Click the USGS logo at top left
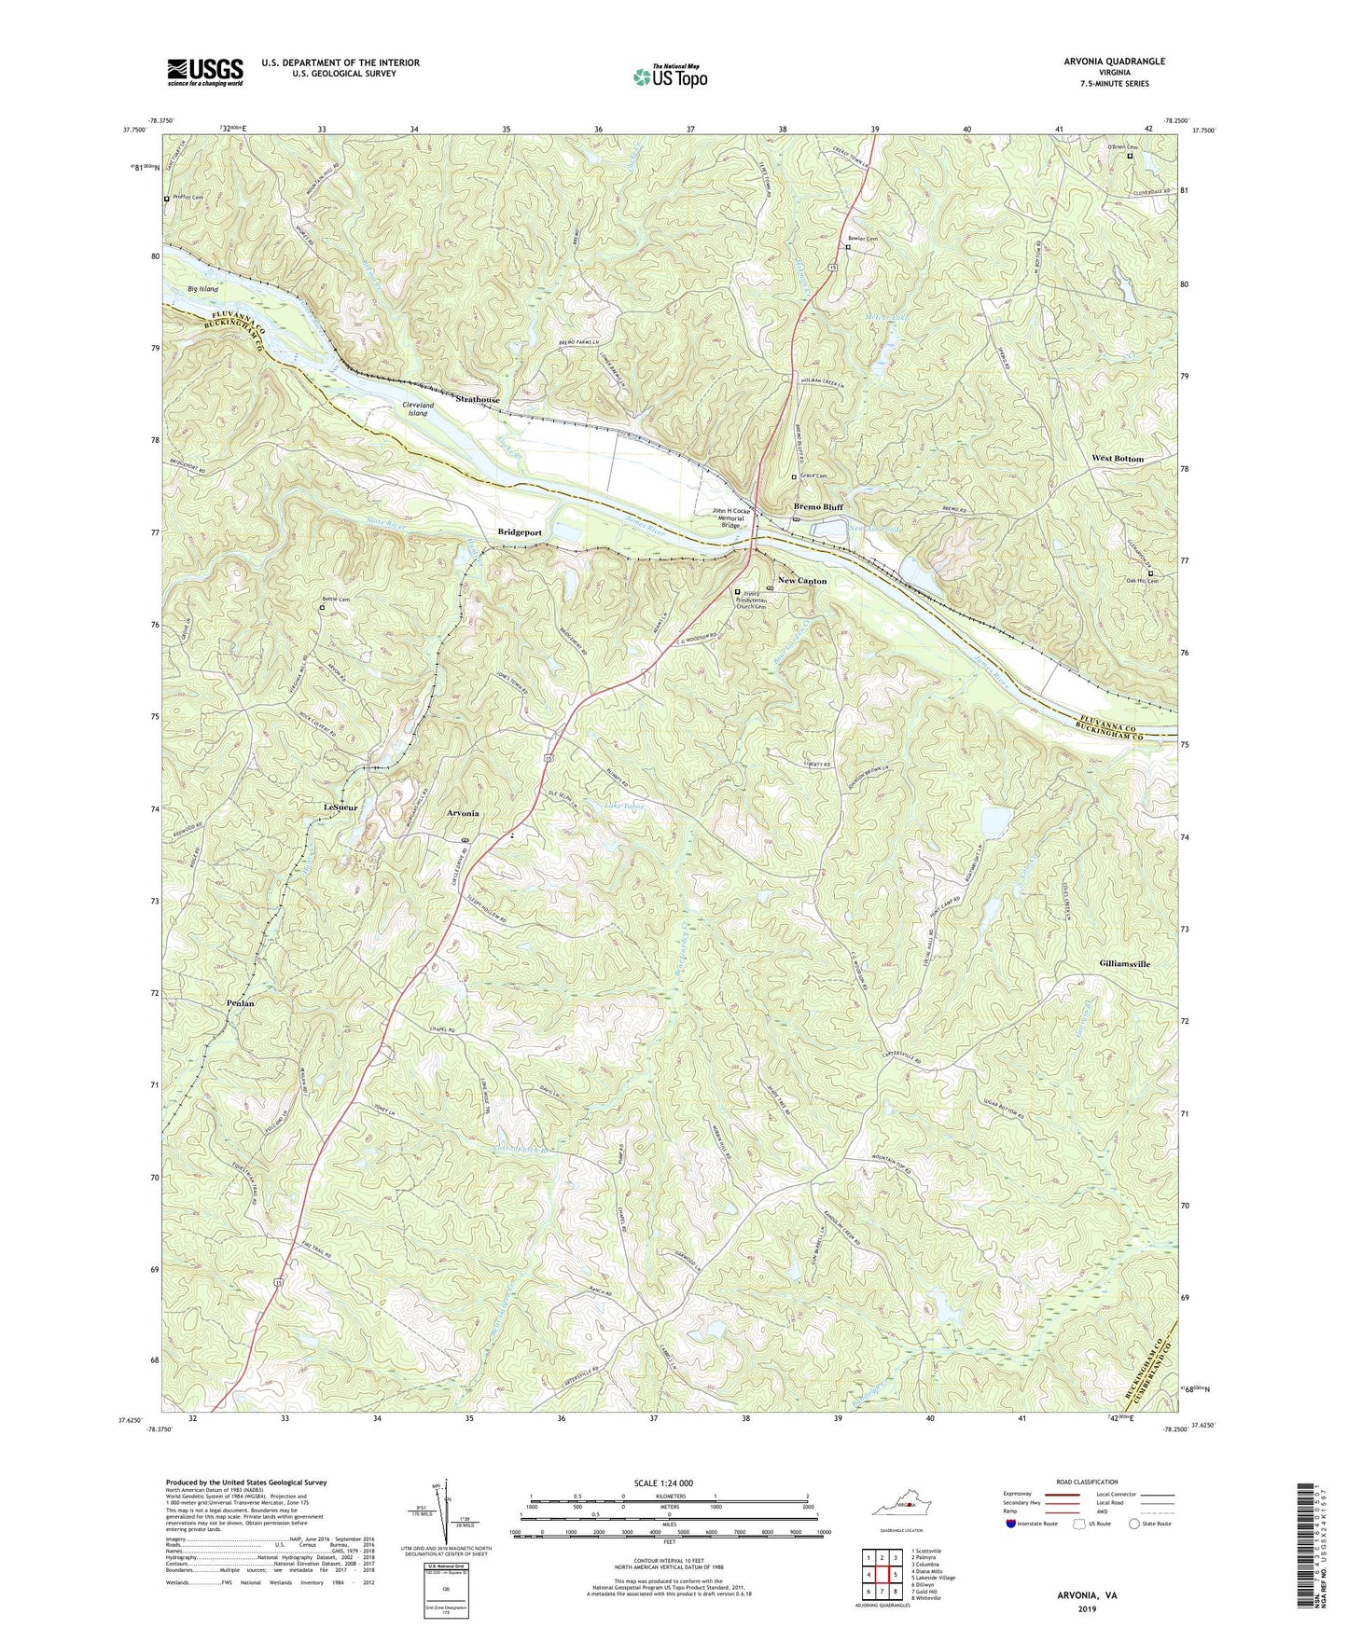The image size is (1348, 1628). point(205,71)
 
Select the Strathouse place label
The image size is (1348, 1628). point(477,400)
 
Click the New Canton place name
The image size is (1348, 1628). point(799,581)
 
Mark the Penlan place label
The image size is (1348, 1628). point(240,1003)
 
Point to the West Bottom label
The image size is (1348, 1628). point(1117,459)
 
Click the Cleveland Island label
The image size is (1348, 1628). point(417,408)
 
